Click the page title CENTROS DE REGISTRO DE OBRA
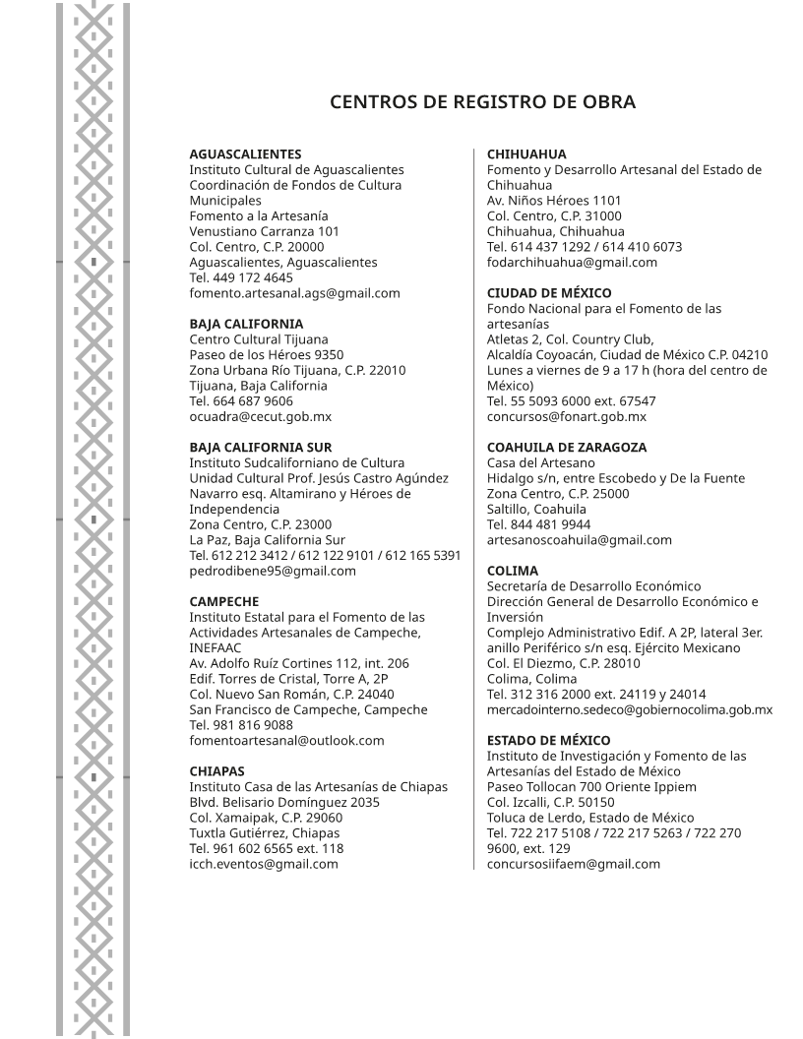pos(482,102)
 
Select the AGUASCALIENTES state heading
pos(245,154)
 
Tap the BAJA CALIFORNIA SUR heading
pos(260,447)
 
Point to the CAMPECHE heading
pos(224,601)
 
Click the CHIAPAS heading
pos(217,770)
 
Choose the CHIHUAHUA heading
pos(526,154)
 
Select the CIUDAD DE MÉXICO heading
pos(549,293)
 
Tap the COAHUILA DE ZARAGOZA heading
pos(567,447)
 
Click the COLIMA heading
pos(513,571)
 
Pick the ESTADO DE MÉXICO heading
pos(548,740)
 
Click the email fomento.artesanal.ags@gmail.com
pos(294,293)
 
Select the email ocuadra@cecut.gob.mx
pos(260,416)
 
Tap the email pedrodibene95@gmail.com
pos(273,571)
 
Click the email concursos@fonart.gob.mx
pos(567,416)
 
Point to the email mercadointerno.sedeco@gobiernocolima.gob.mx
pos(630,709)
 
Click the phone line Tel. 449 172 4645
pos(241,277)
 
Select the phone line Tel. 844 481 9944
pos(539,524)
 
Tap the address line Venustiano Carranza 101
pos(265,231)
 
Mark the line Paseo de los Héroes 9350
pos(267,354)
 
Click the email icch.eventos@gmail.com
pos(264,864)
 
